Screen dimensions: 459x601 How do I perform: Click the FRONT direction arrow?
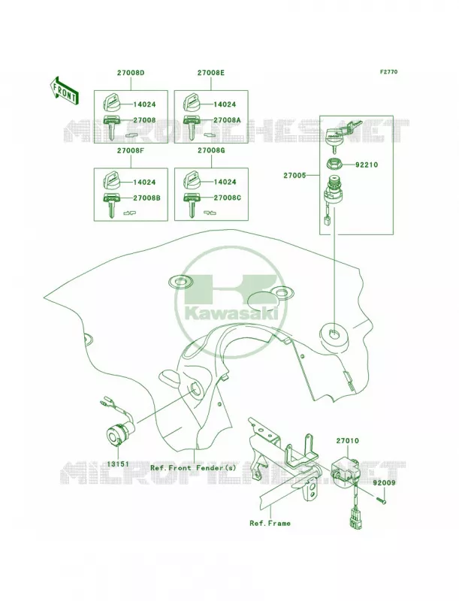pos(64,90)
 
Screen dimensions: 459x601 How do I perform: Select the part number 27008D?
pos(131,72)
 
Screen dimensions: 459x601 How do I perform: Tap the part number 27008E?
pos(211,72)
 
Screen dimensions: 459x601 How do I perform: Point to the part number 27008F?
pos(131,151)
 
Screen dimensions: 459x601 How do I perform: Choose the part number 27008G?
pos(211,151)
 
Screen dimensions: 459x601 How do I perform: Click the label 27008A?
pos(227,120)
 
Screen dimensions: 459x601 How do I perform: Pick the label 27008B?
pos(146,198)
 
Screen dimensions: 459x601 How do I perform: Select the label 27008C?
pos(227,198)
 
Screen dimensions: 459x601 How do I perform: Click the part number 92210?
pos(366,165)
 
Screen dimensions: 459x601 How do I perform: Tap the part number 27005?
pos(294,176)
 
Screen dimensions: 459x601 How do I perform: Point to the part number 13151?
pos(118,464)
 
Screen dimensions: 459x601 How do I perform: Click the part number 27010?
pos(348,441)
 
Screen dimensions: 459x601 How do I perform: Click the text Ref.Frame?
pos(270,523)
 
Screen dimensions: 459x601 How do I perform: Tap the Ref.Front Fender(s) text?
pos(193,467)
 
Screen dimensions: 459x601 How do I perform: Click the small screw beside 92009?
pos(379,499)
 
